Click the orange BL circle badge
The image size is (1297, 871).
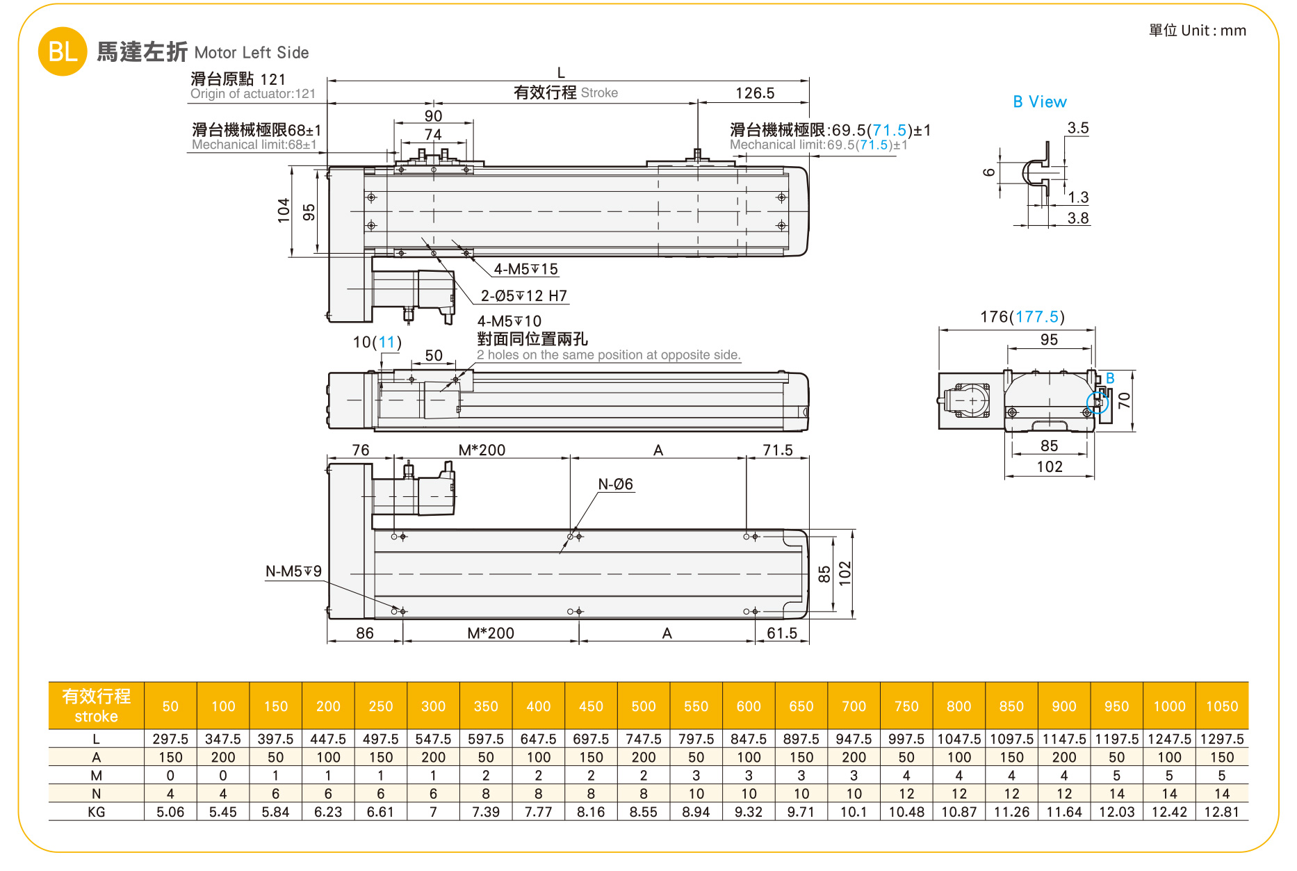[x=63, y=51]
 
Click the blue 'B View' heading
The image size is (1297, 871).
[x=1039, y=102]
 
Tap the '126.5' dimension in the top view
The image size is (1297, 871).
[x=755, y=93]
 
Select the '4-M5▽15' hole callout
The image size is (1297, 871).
[x=525, y=269]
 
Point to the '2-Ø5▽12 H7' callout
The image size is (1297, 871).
[x=524, y=296]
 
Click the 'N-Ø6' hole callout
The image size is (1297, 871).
[x=615, y=485]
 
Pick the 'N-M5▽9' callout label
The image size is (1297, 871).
[x=293, y=571]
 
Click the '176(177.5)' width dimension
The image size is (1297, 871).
[x=1022, y=317]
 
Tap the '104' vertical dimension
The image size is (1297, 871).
[x=284, y=211]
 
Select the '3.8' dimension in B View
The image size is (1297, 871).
[x=1077, y=218]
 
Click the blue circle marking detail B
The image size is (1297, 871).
[x=1097, y=402]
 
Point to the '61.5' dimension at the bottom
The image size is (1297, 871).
[x=782, y=633]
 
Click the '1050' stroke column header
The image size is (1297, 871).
[x=1221, y=706]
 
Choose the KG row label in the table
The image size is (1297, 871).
[x=96, y=812]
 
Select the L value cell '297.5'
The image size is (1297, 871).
[x=170, y=739]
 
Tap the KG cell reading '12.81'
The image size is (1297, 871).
[x=1221, y=812]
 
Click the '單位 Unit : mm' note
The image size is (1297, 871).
[x=1197, y=31]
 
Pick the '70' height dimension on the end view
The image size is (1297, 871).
[x=1124, y=400]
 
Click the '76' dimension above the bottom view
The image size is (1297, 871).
[x=361, y=450]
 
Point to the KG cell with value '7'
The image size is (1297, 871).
[x=433, y=812]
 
